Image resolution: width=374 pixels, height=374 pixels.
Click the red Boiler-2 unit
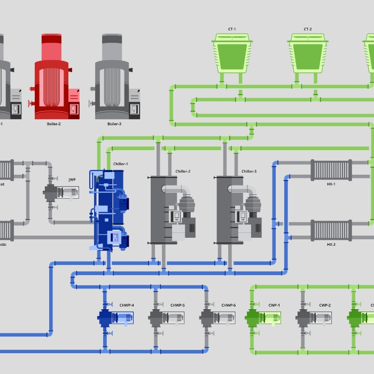pyautogui.click(x=56, y=80)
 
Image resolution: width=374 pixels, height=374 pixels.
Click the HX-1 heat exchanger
pyautogui.click(x=331, y=170)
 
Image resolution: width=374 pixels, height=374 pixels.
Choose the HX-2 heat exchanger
pyautogui.click(x=331, y=231)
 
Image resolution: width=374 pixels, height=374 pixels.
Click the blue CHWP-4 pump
pyautogui.click(x=115, y=318)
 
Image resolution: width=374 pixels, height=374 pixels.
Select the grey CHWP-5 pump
pyautogui.click(x=166, y=318)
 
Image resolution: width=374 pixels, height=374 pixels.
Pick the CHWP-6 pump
pyautogui.click(x=217, y=318)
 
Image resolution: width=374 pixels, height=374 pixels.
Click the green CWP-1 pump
pyautogui.click(x=262, y=318)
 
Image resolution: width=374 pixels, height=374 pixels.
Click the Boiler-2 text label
pyautogui.click(x=54, y=124)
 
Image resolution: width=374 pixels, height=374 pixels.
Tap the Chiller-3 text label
pyautogui.click(x=249, y=172)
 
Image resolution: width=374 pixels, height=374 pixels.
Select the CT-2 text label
pyautogui.click(x=308, y=29)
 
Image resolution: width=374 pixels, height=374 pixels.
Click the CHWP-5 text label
pyautogui.click(x=177, y=306)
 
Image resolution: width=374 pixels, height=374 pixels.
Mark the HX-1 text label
pyautogui.click(x=331, y=184)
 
